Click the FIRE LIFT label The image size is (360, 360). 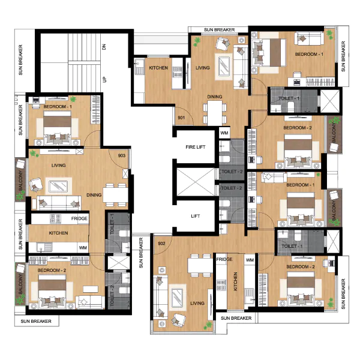point(196,147)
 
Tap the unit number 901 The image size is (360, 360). point(181,118)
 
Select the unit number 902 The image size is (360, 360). point(161,244)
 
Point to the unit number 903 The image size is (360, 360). point(121,155)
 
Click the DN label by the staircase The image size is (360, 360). point(104,47)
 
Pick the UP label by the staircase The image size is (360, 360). point(104,79)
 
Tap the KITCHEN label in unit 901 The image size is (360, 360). point(158,68)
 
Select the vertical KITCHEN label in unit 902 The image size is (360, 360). point(235,281)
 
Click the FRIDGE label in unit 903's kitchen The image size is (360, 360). point(79,218)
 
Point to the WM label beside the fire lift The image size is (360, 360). point(224,133)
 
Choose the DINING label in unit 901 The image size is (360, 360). point(215,97)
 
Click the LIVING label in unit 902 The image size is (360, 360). point(197,303)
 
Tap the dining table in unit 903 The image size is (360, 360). point(115,195)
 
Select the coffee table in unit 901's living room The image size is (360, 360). point(224,67)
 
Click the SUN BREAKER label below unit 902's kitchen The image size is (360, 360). point(236,318)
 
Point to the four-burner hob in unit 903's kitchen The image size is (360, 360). point(55,219)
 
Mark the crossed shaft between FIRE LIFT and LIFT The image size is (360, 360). point(196,182)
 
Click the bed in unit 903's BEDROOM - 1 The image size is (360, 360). point(57,128)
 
